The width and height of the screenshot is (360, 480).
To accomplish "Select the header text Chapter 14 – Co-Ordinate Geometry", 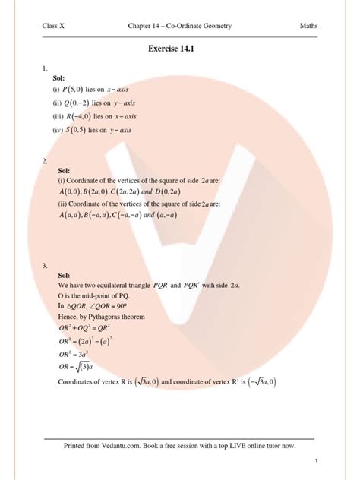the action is click(180, 28).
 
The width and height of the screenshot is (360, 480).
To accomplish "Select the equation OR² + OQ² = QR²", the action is click(90, 327).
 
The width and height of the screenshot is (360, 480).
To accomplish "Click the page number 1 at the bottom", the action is click(314, 461).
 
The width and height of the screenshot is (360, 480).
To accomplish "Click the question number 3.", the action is click(45, 266).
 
